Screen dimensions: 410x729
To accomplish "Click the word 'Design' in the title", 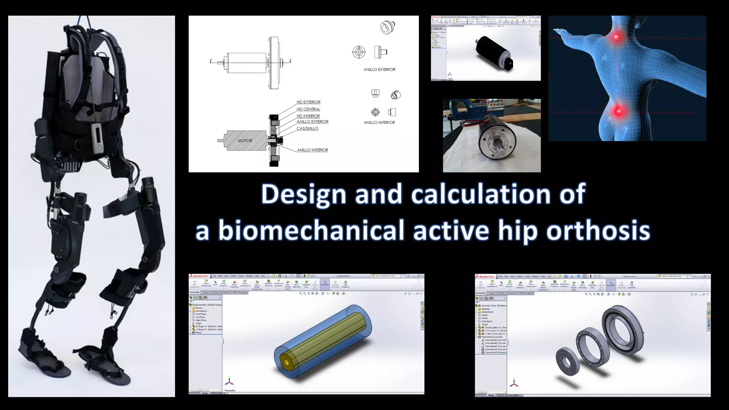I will pos(303,194).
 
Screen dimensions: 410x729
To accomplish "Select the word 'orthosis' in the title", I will pos(598,230).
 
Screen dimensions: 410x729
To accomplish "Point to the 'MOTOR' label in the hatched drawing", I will pos(245,141).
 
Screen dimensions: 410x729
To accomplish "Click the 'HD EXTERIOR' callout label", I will pos(308,102).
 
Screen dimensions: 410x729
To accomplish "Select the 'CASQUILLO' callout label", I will pos(307,128).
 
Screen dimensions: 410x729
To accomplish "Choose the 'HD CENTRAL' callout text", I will pos(308,109).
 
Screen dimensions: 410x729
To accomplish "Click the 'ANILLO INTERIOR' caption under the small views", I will pos(379,122).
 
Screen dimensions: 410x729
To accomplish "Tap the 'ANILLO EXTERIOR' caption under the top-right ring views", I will pos(379,70).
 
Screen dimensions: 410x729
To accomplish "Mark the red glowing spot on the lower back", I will pos(619,111).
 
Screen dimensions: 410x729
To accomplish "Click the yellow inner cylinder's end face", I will pos(286,362).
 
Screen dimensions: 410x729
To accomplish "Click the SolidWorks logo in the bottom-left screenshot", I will pos(199,276).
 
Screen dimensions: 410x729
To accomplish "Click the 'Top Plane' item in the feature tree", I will pos(200,317).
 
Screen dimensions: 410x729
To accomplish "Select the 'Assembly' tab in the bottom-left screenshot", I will pos(195,293).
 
